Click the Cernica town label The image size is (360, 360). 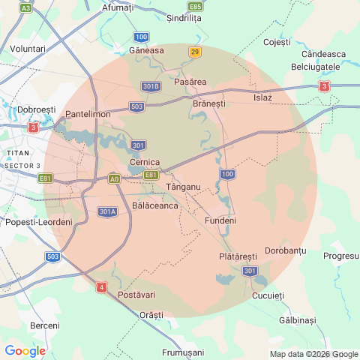click(x=145, y=161)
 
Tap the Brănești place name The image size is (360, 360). click(x=208, y=103)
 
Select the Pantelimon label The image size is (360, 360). click(x=88, y=114)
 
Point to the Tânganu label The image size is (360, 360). click(x=182, y=186)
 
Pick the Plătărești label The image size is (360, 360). click(x=237, y=256)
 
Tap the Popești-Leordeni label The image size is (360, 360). click(x=38, y=223)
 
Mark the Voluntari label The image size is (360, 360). click(x=28, y=48)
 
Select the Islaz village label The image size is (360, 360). click(x=262, y=97)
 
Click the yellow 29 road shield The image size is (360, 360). click(x=196, y=52)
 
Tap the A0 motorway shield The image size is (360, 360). click(x=114, y=178)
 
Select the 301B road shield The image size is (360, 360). click(x=151, y=86)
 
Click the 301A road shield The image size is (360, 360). click(x=107, y=211)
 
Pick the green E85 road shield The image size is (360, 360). click(x=195, y=6)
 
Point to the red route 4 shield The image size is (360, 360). click(x=101, y=286)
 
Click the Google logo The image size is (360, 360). click(x=25, y=350)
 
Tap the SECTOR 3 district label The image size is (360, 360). click(x=22, y=164)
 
